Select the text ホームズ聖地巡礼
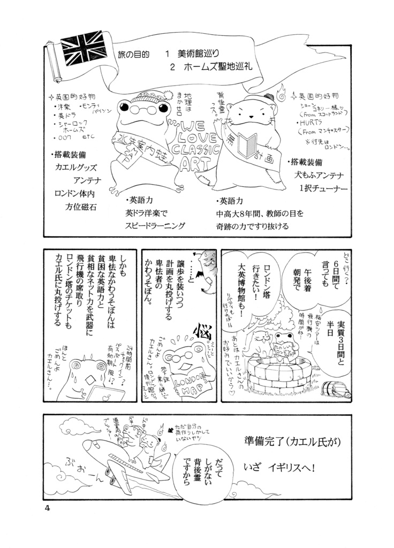coord(216,68)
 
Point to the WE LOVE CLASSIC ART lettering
coord(195,147)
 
